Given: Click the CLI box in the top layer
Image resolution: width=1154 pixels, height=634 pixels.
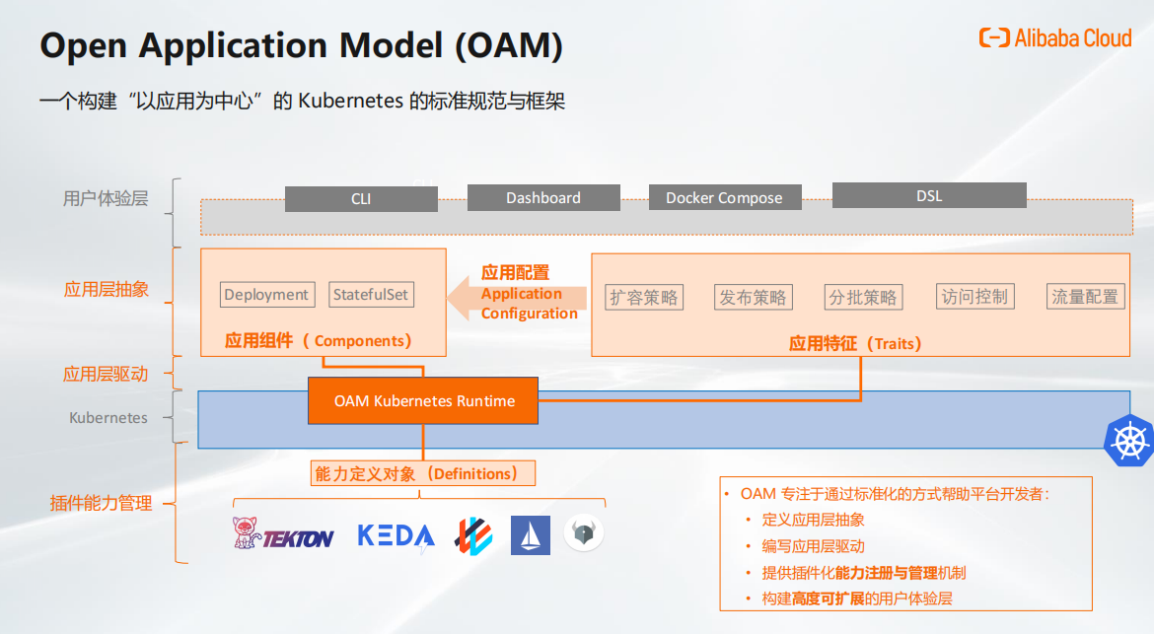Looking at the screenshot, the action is coord(361,198).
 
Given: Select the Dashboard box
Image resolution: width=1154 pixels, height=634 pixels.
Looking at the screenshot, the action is coord(543,198).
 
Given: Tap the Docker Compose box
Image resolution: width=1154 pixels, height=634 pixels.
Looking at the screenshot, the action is coord(725,198).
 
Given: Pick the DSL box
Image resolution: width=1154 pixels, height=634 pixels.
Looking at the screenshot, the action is coord(929,195).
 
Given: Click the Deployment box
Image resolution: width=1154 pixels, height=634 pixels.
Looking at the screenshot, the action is coord(267,294).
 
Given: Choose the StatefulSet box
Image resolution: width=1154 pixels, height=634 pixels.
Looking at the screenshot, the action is coord(371,294).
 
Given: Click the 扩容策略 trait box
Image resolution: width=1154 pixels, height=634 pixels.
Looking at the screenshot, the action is coord(644,297).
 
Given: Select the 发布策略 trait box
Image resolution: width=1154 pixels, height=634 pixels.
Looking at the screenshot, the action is coord(753,297).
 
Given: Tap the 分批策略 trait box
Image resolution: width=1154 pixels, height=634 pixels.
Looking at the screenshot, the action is coord(863,297).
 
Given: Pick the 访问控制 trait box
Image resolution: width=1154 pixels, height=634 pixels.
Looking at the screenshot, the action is coord(975,297).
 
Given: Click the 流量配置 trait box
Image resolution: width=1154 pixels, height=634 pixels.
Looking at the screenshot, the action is coord(1086,297).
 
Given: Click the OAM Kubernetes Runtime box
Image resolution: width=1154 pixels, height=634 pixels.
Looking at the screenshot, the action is coord(423,401).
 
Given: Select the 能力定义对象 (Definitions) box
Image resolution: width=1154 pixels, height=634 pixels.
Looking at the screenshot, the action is coord(423,473).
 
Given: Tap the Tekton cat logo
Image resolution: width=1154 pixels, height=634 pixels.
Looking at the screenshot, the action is coord(246,532).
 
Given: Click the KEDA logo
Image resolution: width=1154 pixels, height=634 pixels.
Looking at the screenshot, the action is coord(396,536).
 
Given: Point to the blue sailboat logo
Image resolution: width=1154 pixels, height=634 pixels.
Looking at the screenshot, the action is coord(531,534).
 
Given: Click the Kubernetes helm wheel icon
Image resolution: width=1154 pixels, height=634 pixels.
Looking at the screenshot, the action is coord(1130,441).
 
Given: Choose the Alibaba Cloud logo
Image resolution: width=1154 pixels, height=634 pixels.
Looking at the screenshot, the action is coord(1055,37).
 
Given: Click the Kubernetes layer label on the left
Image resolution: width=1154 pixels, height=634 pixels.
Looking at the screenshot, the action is coord(108,418).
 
